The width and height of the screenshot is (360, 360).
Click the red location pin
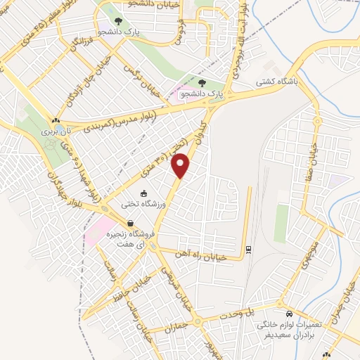181,165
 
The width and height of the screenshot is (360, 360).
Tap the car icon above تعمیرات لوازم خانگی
288,314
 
